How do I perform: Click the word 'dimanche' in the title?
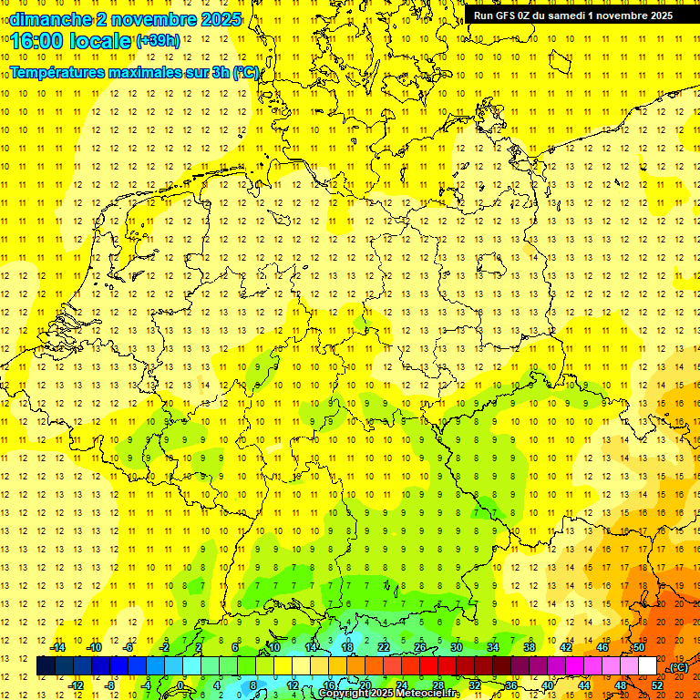tap(47, 18)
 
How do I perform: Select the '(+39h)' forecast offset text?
tap(158, 40)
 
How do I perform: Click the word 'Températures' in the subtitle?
tap(63, 72)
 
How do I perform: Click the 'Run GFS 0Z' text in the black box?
tap(501, 15)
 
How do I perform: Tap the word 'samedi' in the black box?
tap(571, 15)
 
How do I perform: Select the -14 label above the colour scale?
tap(58, 647)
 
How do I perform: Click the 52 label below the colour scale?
tap(656, 685)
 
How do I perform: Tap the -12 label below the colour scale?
tap(77, 685)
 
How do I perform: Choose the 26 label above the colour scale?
tap(420, 647)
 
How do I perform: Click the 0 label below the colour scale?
tap(180, 685)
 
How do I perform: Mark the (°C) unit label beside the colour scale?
tap(678, 667)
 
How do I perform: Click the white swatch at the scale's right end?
tap(647, 666)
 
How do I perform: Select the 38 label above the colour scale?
tap(529, 647)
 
